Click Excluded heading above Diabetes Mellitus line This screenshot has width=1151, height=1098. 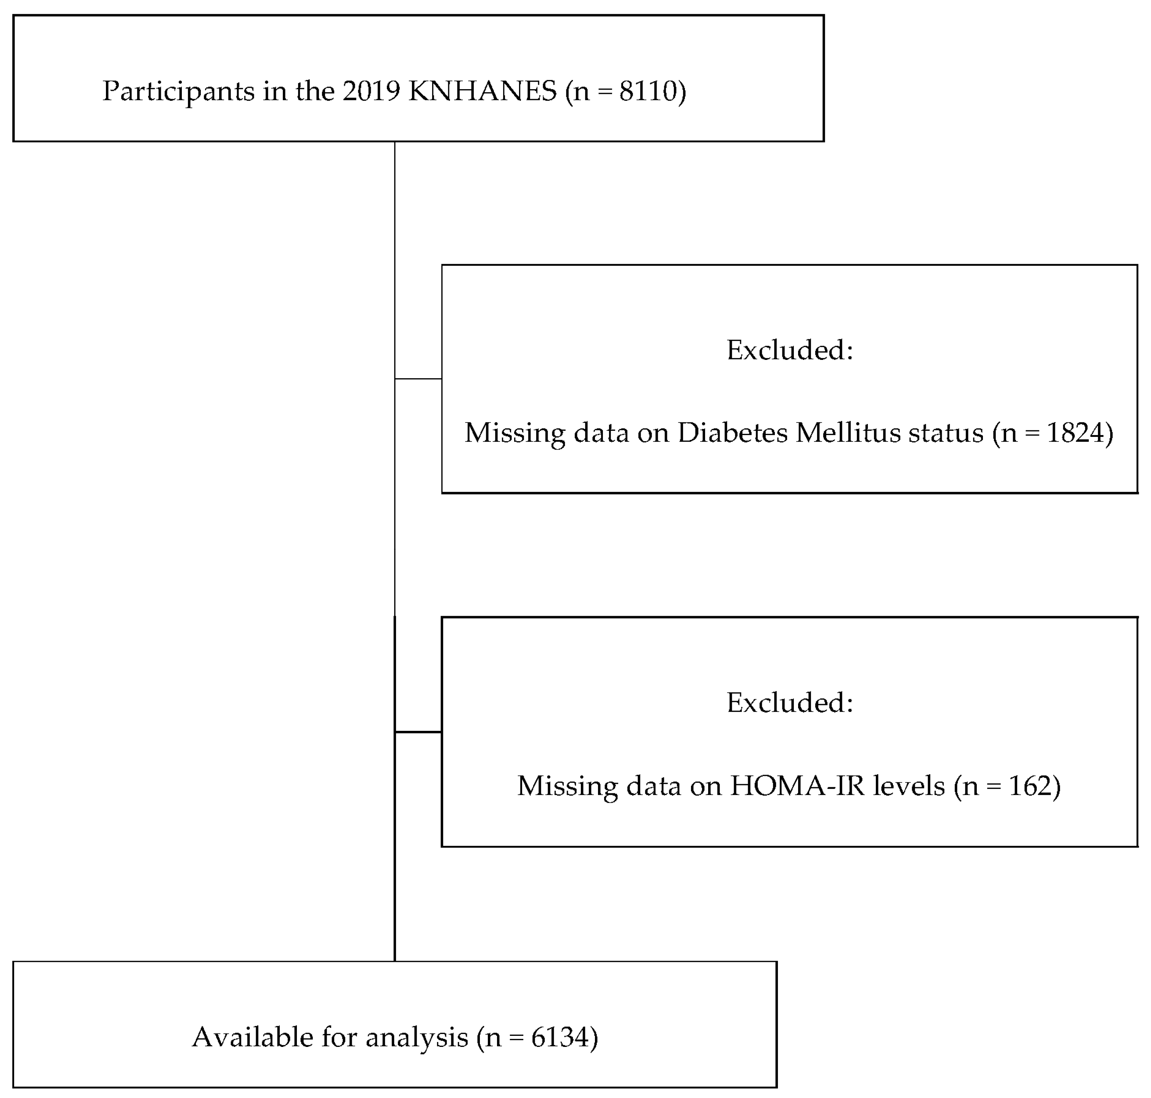(789, 351)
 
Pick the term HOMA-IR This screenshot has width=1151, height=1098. (797, 785)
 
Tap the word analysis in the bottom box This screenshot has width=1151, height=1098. (417, 1037)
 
